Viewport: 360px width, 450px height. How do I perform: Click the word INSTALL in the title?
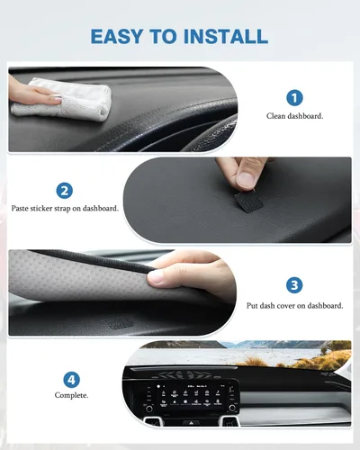pyautogui.click(x=225, y=36)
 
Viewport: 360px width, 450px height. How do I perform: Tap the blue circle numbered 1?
pyautogui.click(x=294, y=97)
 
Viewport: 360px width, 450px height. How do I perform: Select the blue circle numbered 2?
pyautogui.click(x=65, y=190)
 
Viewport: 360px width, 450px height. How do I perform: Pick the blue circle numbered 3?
pyautogui.click(x=294, y=285)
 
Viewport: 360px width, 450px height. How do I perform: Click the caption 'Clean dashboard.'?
pyautogui.click(x=294, y=116)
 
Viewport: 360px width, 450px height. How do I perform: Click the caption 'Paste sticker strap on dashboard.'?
pyautogui.click(x=65, y=208)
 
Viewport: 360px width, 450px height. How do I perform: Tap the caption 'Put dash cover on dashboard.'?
pyautogui.click(x=294, y=305)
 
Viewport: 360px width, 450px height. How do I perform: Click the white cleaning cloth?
pyautogui.click(x=63, y=96)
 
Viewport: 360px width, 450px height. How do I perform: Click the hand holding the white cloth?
pyautogui.click(x=22, y=90)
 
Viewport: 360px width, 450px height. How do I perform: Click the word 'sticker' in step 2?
pyautogui.click(x=56, y=208)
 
